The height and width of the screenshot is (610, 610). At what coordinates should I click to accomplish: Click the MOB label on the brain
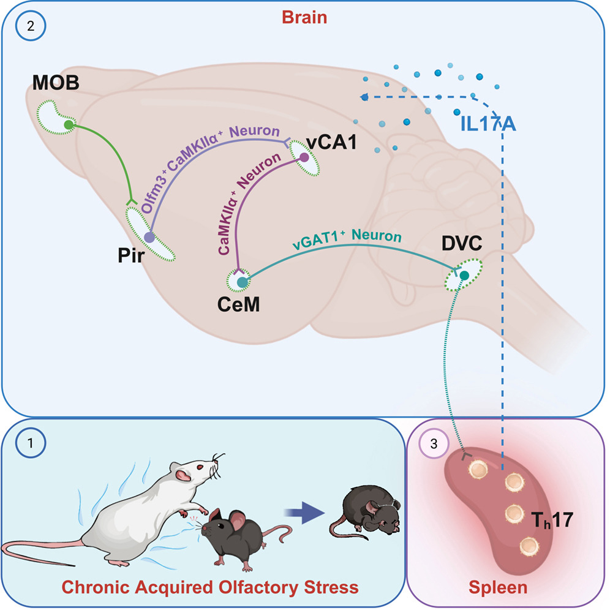coord(56,83)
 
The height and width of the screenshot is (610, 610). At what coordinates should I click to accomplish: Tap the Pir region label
coord(131,255)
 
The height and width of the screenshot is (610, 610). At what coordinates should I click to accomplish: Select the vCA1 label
coord(331,143)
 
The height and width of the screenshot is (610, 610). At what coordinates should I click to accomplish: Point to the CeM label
coord(238,304)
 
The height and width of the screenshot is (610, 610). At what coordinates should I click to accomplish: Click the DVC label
coord(462,244)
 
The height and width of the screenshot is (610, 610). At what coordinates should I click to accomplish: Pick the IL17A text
coord(488,124)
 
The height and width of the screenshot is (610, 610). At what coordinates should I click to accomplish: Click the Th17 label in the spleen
coord(552,520)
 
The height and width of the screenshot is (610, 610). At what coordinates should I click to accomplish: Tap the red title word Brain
coord(304,18)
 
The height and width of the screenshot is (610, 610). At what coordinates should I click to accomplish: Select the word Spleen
coord(498,587)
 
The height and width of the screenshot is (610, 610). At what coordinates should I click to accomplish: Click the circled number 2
coord(31,26)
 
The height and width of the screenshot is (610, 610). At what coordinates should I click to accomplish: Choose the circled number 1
coord(31,443)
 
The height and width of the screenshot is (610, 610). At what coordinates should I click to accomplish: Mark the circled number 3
coord(434,443)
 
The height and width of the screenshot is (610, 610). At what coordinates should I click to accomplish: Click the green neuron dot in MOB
coord(69,124)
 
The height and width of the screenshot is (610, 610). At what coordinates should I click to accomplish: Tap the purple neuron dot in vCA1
coord(304,157)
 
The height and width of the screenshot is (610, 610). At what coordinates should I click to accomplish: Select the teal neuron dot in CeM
coord(243,282)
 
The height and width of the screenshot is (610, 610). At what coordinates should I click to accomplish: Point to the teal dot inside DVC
coord(464,276)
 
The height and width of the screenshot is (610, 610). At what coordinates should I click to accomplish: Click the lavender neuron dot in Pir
coord(149,237)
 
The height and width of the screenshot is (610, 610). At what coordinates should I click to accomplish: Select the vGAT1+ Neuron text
coord(347,239)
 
